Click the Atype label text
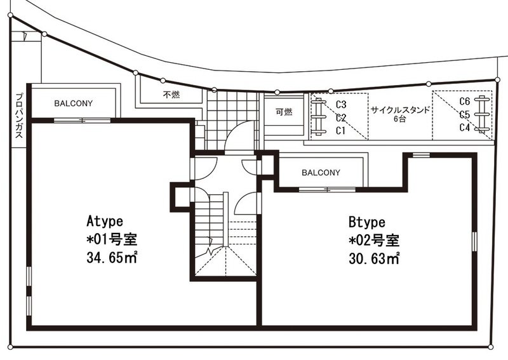(x=105, y=222)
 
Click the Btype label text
(x=367, y=222)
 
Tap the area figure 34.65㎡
(x=112, y=258)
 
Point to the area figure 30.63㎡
(x=374, y=258)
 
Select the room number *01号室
(x=112, y=239)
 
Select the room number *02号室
(x=374, y=240)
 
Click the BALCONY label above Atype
(x=74, y=103)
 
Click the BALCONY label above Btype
(x=321, y=173)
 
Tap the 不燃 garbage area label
(x=171, y=95)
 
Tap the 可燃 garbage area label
(x=284, y=112)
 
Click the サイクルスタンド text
(x=400, y=110)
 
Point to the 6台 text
(x=400, y=119)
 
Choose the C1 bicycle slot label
(x=340, y=131)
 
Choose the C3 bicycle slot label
(x=341, y=104)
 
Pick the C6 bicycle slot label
(x=465, y=102)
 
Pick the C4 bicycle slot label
(x=465, y=128)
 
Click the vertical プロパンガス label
(x=19, y=116)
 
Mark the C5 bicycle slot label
(x=465, y=115)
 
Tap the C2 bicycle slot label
(x=341, y=117)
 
